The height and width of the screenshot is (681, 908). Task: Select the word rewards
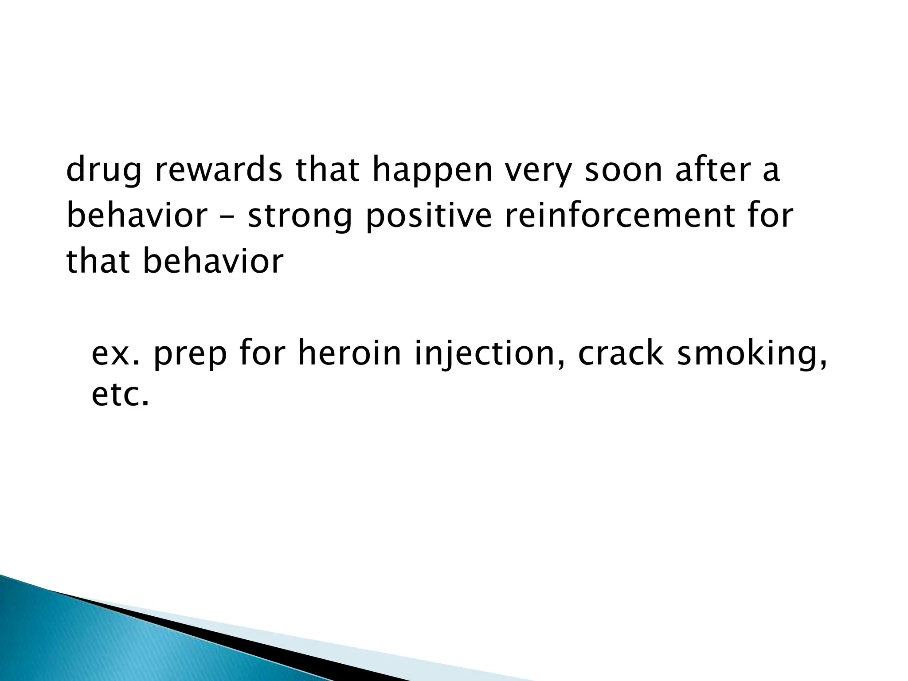tap(218, 170)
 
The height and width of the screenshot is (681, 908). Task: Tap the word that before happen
tap(328, 170)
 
